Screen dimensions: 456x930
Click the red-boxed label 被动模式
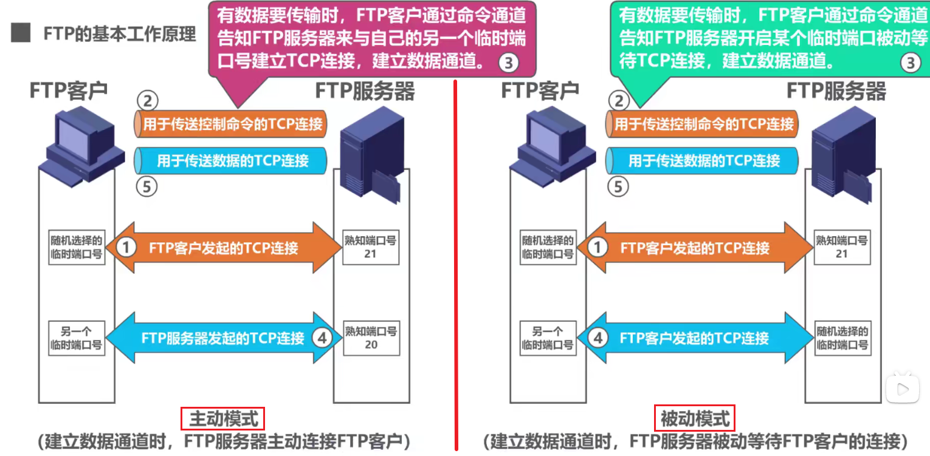pos(695,418)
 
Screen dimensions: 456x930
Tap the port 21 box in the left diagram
pos(370,247)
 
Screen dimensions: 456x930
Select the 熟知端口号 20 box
pos(370,338)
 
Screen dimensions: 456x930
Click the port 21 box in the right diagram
pos(841,247)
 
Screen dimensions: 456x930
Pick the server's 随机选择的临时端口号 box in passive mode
pos(841,338)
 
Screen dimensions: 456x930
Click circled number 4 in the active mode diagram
pos(322,338)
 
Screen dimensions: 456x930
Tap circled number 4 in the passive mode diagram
pos(598,338)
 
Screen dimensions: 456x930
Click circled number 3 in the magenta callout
pos(509,63)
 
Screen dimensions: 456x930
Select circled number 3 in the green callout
pos(910,63)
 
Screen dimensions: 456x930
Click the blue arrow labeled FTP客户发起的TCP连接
pos(693,338)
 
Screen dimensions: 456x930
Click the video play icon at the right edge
pos(903,386)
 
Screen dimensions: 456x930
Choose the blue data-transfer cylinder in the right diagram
pos(703,160)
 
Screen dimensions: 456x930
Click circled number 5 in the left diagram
pos(146,186)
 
